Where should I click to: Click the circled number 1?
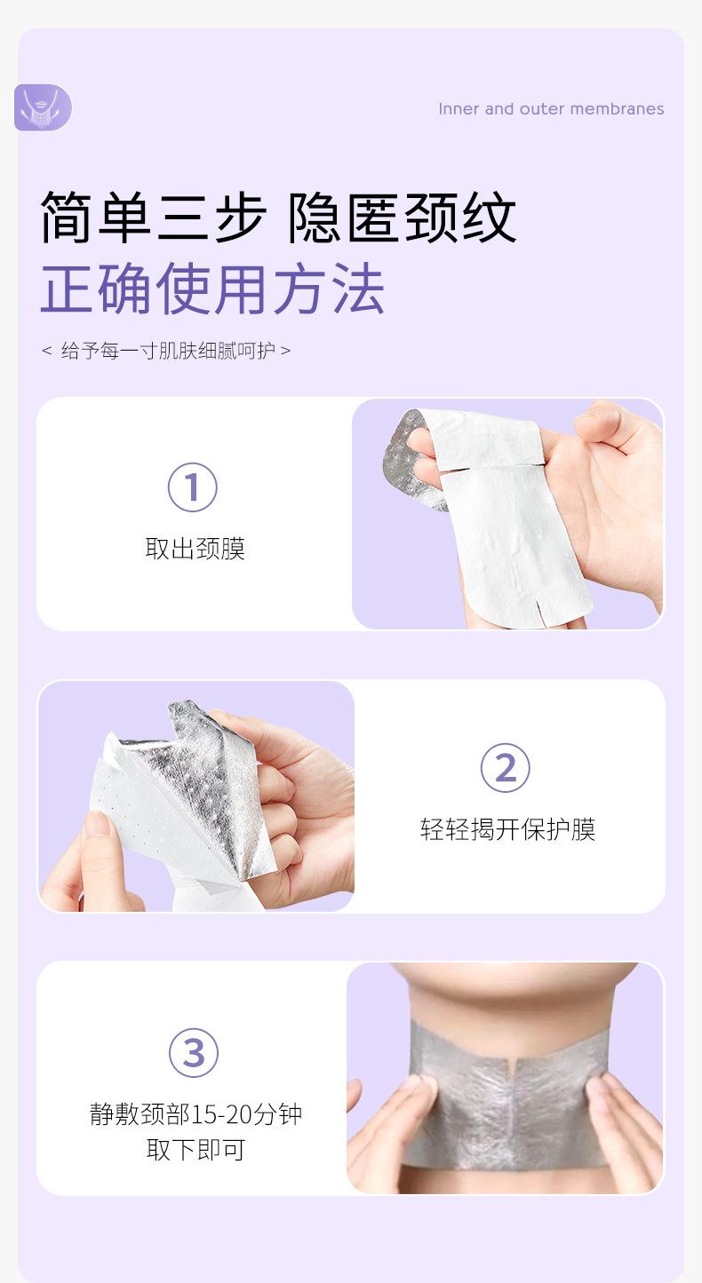pyautogui.click(x=193, y=487)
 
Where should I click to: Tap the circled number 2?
pyautogui.click(x=505, y=768)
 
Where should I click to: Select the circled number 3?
pyautogui.click(x=194, y=1053)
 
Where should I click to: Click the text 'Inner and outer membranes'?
pyautogui.click(x=551, y=109)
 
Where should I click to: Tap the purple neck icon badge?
pyautogui.click(x=43, y=107)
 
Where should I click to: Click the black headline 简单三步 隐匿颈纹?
pyautogui.click(x=278, y=218)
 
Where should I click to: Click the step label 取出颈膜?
pyautogui.click(x=195, y=549)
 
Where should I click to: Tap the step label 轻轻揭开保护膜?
pyautogui.click(x=507, y=829)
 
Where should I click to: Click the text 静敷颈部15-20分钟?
pyautogui.click(x=195, y=1114)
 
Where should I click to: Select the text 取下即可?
pyautogui.click(x=195, y=1150)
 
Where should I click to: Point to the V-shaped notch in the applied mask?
pyautogui.click(x=514, y=1066)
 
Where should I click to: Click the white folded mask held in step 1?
pyautogui.click(x=505, y=516)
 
